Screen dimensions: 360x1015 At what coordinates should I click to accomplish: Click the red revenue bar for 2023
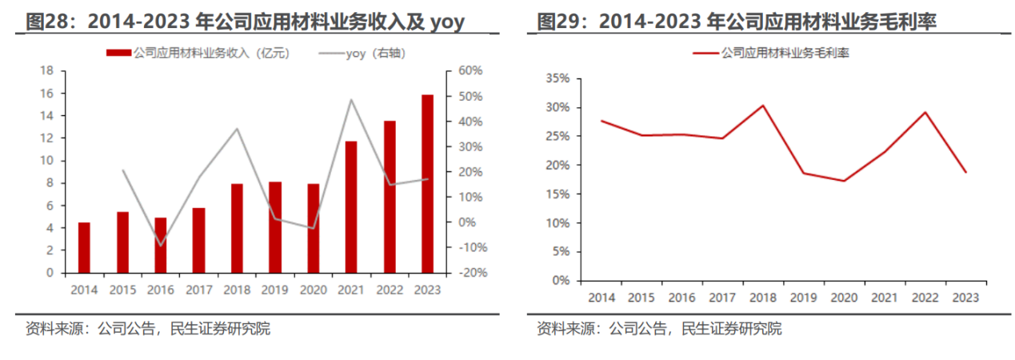tap(428, 183)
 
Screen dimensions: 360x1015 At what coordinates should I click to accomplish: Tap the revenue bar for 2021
tap(351, 206)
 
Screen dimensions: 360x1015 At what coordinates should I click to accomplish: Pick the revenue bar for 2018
tap(237, 228)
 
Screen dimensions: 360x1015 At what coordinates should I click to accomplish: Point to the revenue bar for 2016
tap(161, 245)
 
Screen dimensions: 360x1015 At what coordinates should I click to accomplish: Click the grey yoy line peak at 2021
tap(351, 100)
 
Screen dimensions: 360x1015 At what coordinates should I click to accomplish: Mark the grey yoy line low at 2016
tap(161, 246)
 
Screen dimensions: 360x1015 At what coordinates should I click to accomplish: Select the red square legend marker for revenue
tap(118, 54)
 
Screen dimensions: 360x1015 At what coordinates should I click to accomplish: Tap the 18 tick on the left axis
tap(47, 71)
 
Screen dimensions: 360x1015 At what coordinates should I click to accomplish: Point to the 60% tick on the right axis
tap(470, 71)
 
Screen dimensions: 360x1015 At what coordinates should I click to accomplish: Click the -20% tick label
tap(468, 273)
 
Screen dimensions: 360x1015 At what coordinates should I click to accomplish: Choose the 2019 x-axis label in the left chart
tap(275, 290)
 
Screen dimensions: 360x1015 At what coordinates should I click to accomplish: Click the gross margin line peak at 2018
tap(763, 106)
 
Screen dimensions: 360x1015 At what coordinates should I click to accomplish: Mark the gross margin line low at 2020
tap(844, 181)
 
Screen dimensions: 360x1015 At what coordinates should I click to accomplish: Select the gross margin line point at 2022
tap(925, 112)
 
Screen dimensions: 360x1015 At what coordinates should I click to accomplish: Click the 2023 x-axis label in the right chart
tap(965, 298)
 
